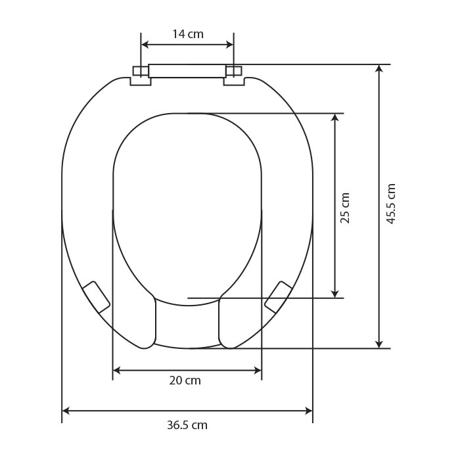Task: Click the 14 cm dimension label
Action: pyautogui.click(x=188, y=34)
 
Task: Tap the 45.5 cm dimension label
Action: pyautogui.click(x=392, y=204)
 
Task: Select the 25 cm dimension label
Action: pyautogui.click(x=345, y=208)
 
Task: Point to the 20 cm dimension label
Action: pyautogui.click(x=185, y=380)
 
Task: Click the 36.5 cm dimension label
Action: pyautogui.click(x=187, y=425)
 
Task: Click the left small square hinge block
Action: pyautogui.click(x=141, y=71)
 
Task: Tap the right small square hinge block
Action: pyautogui.click(x=234, y=71)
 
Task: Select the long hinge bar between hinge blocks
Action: pyautogui.click(x=187, y=71)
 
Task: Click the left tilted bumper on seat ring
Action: pyautogui.click(x=96, y=297)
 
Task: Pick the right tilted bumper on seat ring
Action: pyautogui.click(x=278, y=297)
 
